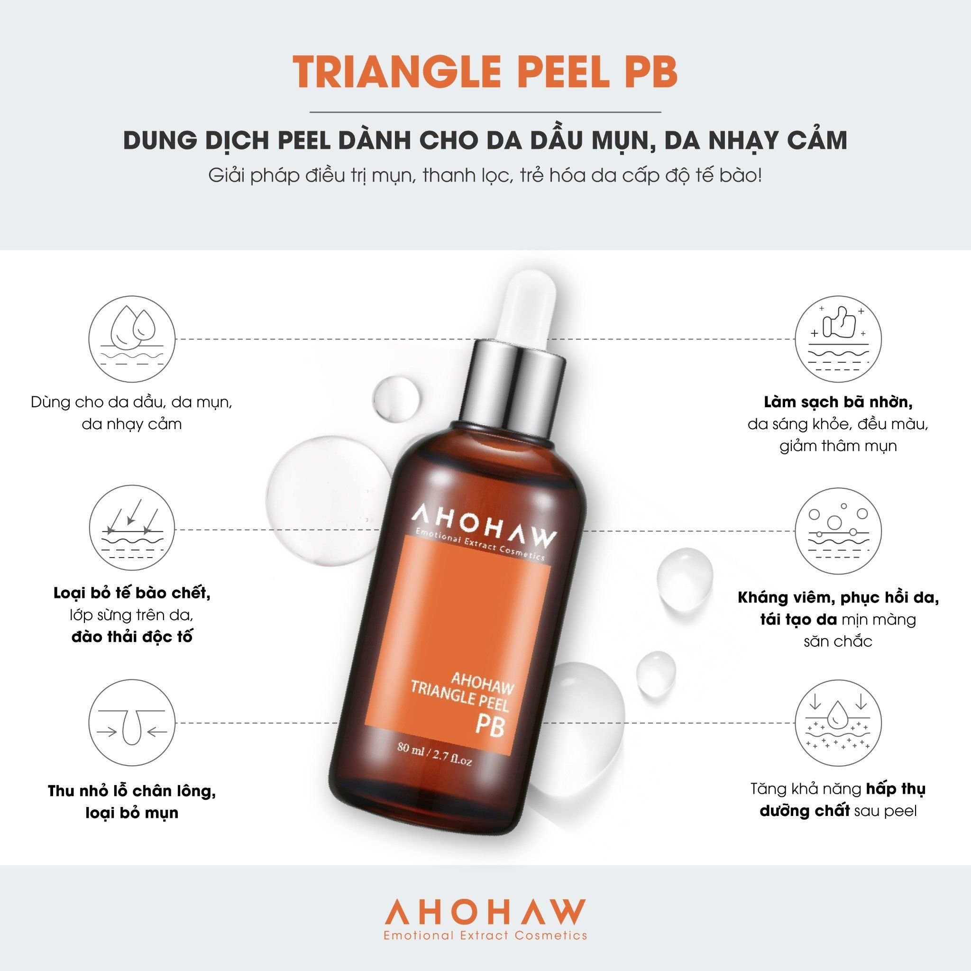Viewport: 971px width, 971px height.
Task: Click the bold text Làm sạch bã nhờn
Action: click(x=838, y=402)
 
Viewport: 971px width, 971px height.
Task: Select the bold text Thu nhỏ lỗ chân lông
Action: click(x=132, y=790)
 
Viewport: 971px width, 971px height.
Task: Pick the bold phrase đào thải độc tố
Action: click(x=132, y=636)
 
